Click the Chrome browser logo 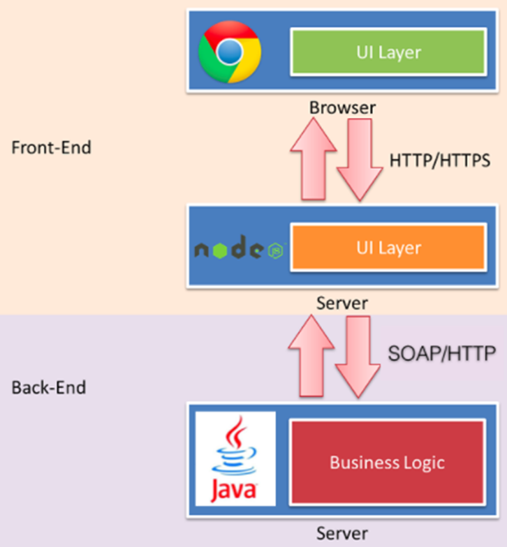pos(230,51)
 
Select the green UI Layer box pos(388,51)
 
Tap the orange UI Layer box pos(388,248)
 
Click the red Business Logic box pos(387,462)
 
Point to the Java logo pos(235,458)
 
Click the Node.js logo pos(238,250)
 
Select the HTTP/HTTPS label pos(439,160)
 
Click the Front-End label pos(52,148)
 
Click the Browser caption pos(342,108)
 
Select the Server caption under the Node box pos(342,304)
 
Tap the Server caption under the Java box pos(342,534)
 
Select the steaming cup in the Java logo pos(235,450)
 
